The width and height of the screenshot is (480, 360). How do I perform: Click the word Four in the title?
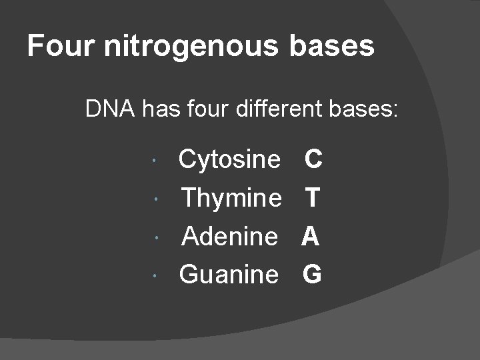[55, 46]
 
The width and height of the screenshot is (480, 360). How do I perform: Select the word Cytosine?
[230, 159]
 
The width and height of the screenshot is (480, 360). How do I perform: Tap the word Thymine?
[231, 197]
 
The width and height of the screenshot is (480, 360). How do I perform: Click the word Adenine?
[230, 235]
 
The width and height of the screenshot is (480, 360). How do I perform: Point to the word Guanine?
[229, 273]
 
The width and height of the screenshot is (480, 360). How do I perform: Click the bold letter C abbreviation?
[313, 159]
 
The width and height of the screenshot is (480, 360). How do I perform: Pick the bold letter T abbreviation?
[313, 197]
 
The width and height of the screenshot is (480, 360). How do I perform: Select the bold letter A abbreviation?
[311, 235]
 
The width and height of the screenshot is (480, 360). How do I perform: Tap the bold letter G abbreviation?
[312, 273]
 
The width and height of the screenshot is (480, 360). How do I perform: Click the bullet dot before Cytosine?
[155, 162]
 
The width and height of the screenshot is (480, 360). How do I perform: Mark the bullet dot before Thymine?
[155, 200]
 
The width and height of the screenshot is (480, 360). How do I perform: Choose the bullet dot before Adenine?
[155, 238]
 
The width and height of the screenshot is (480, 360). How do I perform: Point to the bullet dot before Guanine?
[155, 276]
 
